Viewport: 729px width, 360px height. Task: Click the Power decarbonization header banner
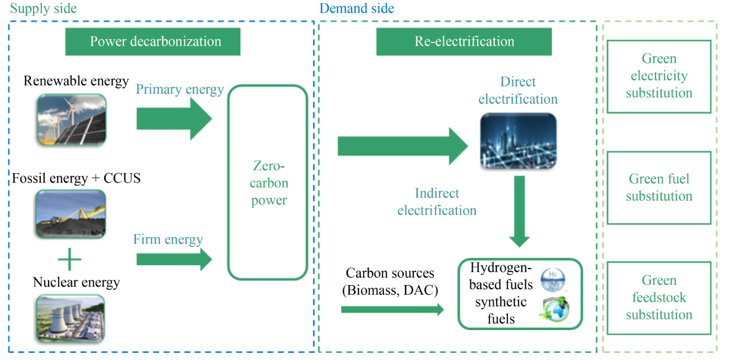coord(153,41)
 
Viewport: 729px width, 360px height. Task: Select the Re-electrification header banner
coord(463,41)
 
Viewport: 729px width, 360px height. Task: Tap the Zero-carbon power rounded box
coord(268,182)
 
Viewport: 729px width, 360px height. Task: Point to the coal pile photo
coord(70,214)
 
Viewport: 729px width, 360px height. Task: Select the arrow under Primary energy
coord(174,119)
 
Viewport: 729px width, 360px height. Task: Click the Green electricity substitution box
coord(658,76)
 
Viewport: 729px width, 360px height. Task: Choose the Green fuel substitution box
coord(658,187)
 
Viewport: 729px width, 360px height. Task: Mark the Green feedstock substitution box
coord(658,298)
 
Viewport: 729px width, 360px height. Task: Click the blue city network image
coord(518,142)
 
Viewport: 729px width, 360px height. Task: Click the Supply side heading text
coord(44,8)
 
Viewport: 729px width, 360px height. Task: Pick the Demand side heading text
coord(357,8)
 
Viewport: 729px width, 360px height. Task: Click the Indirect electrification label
coord(436,202)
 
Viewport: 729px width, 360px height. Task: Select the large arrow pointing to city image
coord(402,146)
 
